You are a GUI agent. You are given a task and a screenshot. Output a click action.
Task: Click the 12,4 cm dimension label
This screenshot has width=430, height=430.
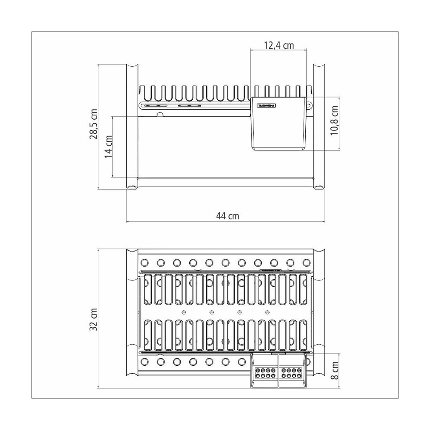pos(278,45)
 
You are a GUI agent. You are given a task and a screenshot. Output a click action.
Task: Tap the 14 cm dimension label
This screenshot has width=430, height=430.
pos(108,146)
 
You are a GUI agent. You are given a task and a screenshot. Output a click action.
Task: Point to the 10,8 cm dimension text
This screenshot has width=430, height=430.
pos(335,121)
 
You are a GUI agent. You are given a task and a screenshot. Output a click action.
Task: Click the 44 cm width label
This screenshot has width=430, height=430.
pos(228,216)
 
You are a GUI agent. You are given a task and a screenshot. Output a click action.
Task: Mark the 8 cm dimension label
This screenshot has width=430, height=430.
pos(335,371)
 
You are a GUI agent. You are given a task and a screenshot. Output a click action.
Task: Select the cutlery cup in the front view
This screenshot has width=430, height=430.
pos(279,126)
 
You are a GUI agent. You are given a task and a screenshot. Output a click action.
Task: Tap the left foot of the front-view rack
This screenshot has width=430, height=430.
pos(132,187)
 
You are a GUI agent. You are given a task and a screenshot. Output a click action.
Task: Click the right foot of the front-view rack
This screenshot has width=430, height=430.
pos(319,187)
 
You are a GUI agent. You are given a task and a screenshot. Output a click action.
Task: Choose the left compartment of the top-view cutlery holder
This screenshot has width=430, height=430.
pos(265,372)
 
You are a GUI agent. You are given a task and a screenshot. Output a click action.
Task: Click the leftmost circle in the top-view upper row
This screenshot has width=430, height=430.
pos(144,263)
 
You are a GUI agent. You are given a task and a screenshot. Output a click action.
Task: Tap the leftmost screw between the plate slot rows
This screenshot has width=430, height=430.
pos(184,312)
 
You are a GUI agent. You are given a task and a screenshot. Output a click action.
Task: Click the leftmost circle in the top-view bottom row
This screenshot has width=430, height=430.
pos(144,362)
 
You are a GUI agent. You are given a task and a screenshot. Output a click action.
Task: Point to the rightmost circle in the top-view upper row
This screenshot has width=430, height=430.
pos(306,263)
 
